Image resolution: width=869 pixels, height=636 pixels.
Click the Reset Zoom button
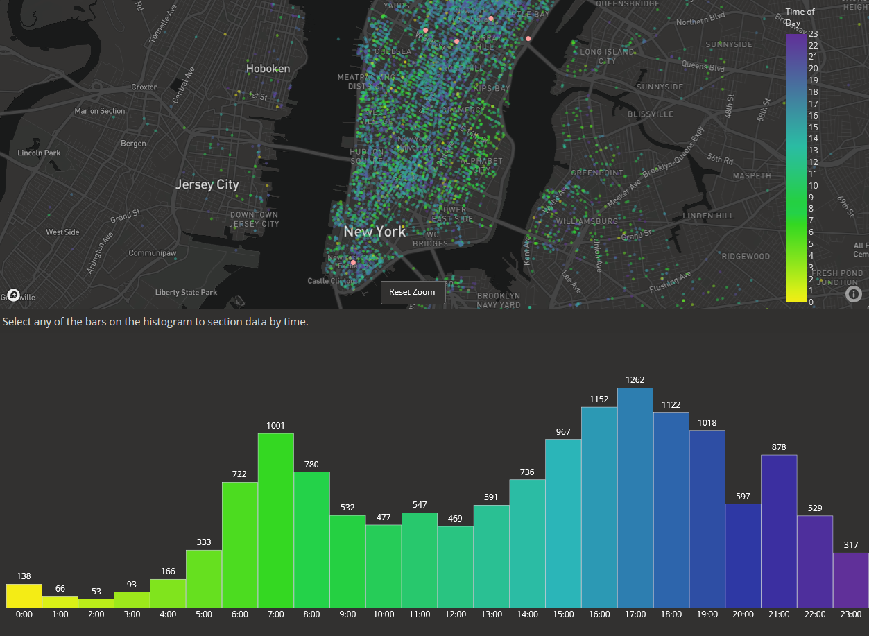coord(413,292)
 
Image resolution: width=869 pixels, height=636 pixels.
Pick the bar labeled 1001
coord(276,520)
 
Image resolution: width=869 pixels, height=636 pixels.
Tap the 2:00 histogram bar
coord(96,603)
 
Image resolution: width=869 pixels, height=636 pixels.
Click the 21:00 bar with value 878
coord(779,531)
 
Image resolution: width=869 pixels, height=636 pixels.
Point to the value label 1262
coord(635,380)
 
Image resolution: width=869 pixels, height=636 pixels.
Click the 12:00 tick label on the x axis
coord(456,614)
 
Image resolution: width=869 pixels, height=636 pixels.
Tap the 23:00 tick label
coord(851,614)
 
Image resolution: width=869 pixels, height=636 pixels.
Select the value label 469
coord(456,518)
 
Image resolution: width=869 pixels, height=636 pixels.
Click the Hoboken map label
coord(268,69)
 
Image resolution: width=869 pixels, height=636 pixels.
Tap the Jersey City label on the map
coord(207,184)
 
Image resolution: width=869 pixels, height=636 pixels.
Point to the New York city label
coord(375,232)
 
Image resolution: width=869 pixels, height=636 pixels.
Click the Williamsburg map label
coord(587,221)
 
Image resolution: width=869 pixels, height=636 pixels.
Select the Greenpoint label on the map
coord(597,172)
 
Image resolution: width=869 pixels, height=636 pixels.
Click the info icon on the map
coord(854,294)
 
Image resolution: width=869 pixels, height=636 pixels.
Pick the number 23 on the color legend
coord(814,33)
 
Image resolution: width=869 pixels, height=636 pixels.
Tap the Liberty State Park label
coord(186,293)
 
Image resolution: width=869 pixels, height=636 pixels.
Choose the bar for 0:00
coord(24,596)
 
